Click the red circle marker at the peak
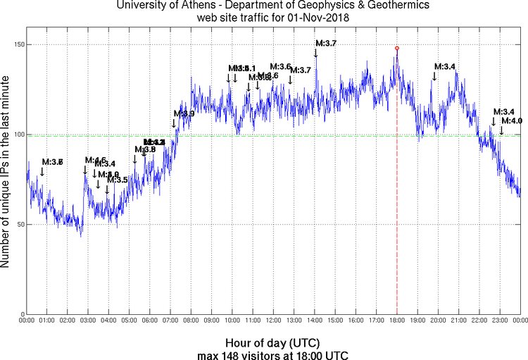pos(397,48)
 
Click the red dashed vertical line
pos(397,211)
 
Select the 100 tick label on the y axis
pos(15,135)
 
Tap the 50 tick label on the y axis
pos(18,224)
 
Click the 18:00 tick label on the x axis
pos(397,321)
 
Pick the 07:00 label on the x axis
pos(170,321)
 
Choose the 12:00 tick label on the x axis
pos(273,321)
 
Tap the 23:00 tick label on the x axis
pos(500,321)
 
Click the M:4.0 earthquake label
pos(512,121)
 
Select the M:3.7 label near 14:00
pos(326,44)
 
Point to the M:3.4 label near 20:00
pos(444,66)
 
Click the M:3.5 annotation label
pos(118,180)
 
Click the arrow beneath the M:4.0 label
pos(501,130)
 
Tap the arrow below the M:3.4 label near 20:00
pos(434,75)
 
